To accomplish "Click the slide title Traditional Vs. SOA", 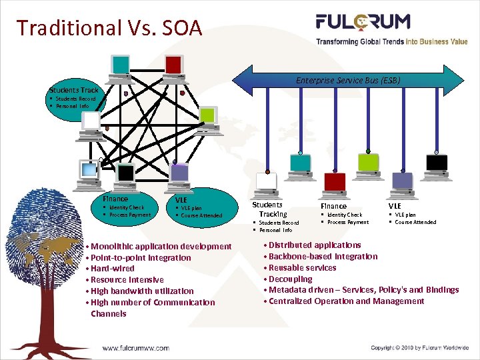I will [x=109, y=27].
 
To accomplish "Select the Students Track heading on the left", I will [x=73, y=90].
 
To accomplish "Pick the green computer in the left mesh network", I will [x=207, y=116].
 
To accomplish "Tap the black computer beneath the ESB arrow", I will [x=437, y=163].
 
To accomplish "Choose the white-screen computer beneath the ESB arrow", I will [x=266, y=182].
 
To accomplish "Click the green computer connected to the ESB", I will [x=368, y=163].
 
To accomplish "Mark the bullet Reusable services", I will [x=302, y=267].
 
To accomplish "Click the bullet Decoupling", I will [x=290, y=279].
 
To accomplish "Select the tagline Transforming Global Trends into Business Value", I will [x=391, y=41].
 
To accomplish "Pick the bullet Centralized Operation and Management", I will [x=346, y=301].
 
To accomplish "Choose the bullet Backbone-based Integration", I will [x=323, y=257].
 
